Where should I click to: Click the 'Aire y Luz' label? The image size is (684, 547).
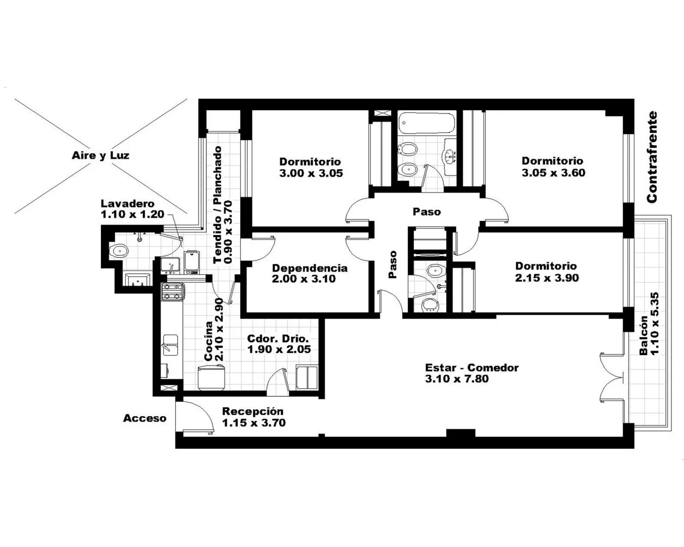[x=100, y=155]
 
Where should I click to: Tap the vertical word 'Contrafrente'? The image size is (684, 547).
[x=652, y=157]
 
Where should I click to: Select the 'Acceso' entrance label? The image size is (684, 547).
[x=144, y=418]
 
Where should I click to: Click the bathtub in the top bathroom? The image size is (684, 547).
[x=427, y=122]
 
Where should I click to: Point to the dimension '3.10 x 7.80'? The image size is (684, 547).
[x=457, y=379]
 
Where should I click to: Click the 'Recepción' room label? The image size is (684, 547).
[x=253, y=411]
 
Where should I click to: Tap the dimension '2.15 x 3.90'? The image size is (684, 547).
[x=547, y=278]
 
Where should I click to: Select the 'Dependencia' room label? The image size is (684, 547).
[x=310, y=268]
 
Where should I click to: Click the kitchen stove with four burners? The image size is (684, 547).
[x=172, y=292]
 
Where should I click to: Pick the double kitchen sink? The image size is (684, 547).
[x=170, y=344]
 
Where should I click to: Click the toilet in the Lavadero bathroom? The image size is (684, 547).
[x=119, y=251]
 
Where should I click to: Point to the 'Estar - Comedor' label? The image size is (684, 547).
[x=472, y=368]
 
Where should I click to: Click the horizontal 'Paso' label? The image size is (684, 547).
[x=427, y=212]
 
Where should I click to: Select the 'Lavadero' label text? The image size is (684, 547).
[x=128, y=204]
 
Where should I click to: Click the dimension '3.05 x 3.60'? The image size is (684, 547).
[x=553, y=173]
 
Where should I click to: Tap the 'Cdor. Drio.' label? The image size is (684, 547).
[x=278, y=338]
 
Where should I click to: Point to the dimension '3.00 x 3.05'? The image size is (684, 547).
[x=311, y=173]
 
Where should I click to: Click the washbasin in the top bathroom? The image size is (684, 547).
[x=450, y=157]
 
